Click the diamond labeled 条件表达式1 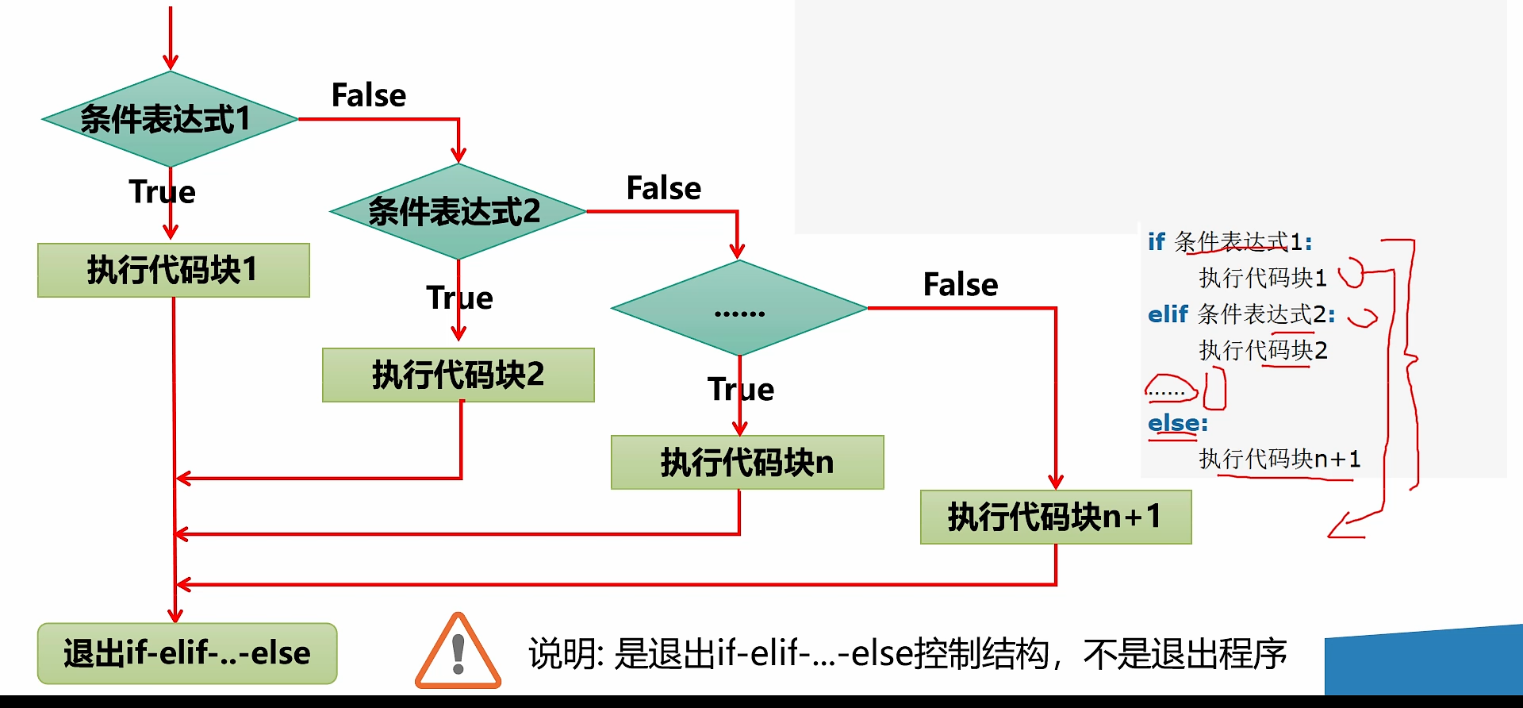tap(169, 119)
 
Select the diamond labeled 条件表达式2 tap(457, 211)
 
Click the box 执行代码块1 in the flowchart tap(173, 270)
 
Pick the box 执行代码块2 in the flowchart tap(458, 375)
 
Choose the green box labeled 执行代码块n tap(746, 462)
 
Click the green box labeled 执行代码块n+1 tap(1055, 517)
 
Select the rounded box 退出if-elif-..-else tap(187, 653)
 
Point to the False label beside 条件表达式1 tap(369, 95)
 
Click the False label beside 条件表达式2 tap(664, 188)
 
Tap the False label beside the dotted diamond tap(961, 284)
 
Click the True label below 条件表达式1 tap(162, 192)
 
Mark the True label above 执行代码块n tap(740, 390)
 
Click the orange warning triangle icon tap(458, 652)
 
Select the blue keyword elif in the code tap(1168, 314)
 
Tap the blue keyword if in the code tap(1156, 241)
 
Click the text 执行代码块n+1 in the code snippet tap(1279, 459)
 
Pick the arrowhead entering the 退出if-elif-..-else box tap(175, 616)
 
